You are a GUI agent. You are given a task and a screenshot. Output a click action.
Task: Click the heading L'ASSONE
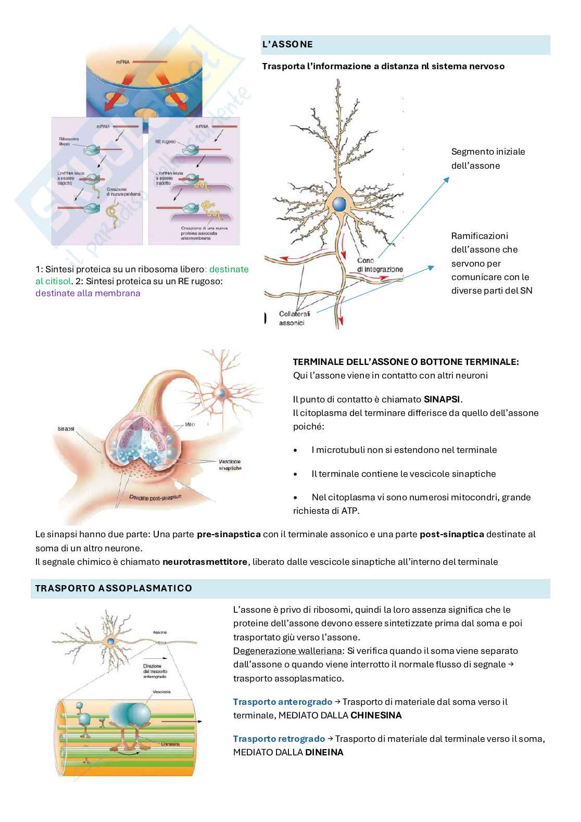point(287,45)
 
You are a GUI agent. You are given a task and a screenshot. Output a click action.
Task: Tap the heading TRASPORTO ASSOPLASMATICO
point(113,588)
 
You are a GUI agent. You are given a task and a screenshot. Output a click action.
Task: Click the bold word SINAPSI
point(443,399)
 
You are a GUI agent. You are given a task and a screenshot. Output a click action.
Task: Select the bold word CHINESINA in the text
point(376,715)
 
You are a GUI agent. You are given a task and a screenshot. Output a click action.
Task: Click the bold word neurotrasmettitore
point(205,562)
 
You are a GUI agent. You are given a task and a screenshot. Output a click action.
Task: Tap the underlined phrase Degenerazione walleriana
point(288,651)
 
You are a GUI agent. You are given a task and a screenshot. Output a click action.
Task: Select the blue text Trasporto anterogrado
point(282,702)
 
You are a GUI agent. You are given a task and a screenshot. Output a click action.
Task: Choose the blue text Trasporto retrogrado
point(279,739)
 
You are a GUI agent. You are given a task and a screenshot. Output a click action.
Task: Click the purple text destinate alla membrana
point(88,293)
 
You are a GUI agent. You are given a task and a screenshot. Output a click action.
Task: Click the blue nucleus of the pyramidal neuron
point(340,204)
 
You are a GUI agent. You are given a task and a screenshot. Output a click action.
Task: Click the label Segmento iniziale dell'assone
point(488,159)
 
